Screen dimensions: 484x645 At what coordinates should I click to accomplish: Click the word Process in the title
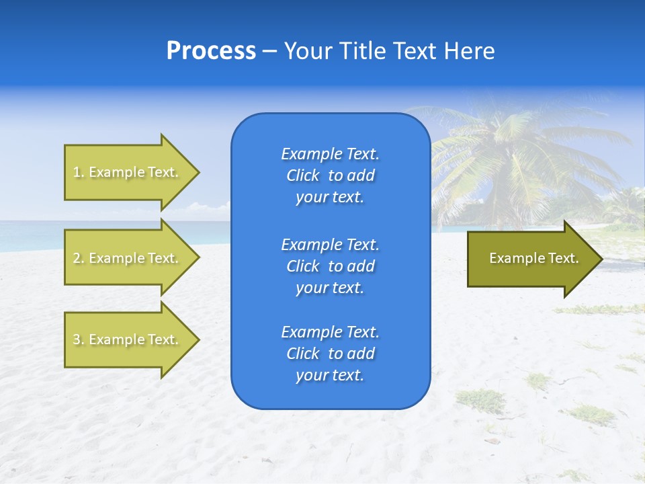click(211, 51)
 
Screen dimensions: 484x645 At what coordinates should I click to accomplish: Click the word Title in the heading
click(362, 51)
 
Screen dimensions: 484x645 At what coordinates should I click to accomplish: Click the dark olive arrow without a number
click(531, 259)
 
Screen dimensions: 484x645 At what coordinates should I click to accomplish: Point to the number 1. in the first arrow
click(78, 173)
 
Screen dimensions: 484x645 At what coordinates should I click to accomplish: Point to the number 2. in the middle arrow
click(78, 258)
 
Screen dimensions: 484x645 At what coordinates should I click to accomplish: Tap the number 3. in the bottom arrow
click(78, 339)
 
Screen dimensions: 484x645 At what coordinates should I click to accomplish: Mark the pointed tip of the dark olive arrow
click(600, 259)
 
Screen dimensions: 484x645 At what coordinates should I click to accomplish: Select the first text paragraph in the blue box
click(330, 175)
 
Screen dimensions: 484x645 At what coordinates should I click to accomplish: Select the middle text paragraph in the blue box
click(330, 266)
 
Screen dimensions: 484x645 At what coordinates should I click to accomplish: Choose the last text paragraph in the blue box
click(330, 354)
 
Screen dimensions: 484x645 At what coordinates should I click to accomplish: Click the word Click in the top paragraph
click(302, 175)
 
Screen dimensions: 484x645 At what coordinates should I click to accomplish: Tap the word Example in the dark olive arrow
click(513, 258)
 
